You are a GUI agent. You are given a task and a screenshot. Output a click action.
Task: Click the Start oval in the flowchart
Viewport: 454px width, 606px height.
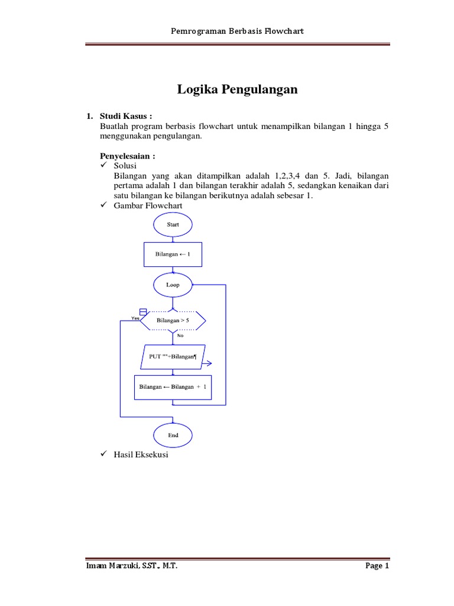(173, 224)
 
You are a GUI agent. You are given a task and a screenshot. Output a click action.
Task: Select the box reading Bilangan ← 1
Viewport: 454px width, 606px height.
(173, 254)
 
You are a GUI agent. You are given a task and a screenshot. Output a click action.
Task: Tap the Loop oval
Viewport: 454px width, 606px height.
(173, 285)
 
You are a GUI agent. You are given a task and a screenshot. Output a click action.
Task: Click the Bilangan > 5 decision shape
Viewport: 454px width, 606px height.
(173, 321)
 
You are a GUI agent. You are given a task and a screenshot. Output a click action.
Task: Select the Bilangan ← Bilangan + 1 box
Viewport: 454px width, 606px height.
(173, 386)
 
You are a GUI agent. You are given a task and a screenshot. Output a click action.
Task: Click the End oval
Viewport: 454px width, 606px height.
(173, 435)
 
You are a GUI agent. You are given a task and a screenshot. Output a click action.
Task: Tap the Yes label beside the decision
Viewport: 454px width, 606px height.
(134, 318)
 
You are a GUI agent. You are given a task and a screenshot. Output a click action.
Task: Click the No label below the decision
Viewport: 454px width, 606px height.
(180, 336)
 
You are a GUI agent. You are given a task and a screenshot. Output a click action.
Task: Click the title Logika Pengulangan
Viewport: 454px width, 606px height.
(237, 90)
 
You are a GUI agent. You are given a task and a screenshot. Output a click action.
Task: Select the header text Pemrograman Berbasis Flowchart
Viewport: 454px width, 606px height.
(237, 31)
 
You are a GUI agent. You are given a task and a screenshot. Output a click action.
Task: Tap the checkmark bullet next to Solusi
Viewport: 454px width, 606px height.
(104, 166)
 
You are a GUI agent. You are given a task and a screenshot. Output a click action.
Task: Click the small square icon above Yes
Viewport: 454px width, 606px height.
(142, 312)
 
